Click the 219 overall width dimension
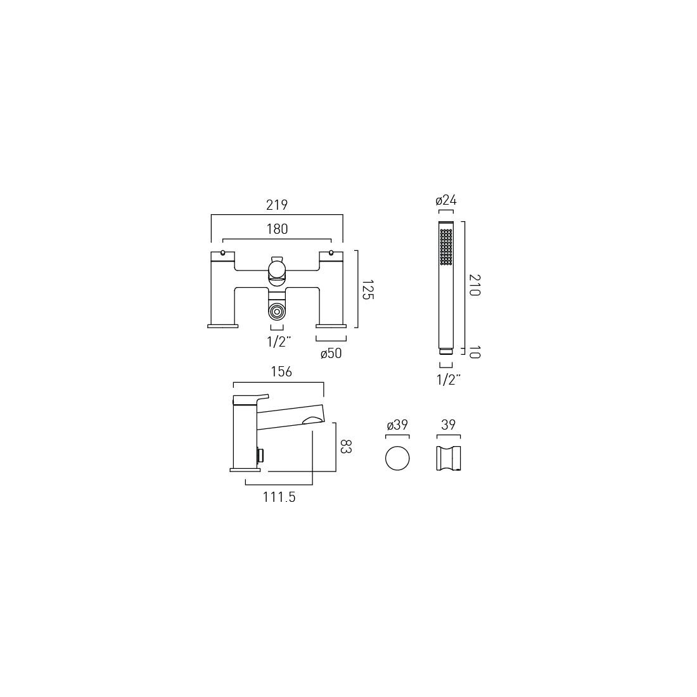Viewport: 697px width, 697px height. point(277,205)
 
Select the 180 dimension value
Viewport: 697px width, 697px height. point(277,229)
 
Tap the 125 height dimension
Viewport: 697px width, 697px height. point(367,290)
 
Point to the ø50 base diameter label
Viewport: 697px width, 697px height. point(331,354)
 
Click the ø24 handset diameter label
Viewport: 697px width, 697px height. point(446,200)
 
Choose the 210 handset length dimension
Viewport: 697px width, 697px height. point(474,285)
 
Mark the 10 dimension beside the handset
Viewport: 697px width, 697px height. point(474,352)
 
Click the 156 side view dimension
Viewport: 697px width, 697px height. point(281,371)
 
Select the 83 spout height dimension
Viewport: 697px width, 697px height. point(345,446)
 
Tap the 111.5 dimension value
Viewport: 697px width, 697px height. point(279,497)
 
